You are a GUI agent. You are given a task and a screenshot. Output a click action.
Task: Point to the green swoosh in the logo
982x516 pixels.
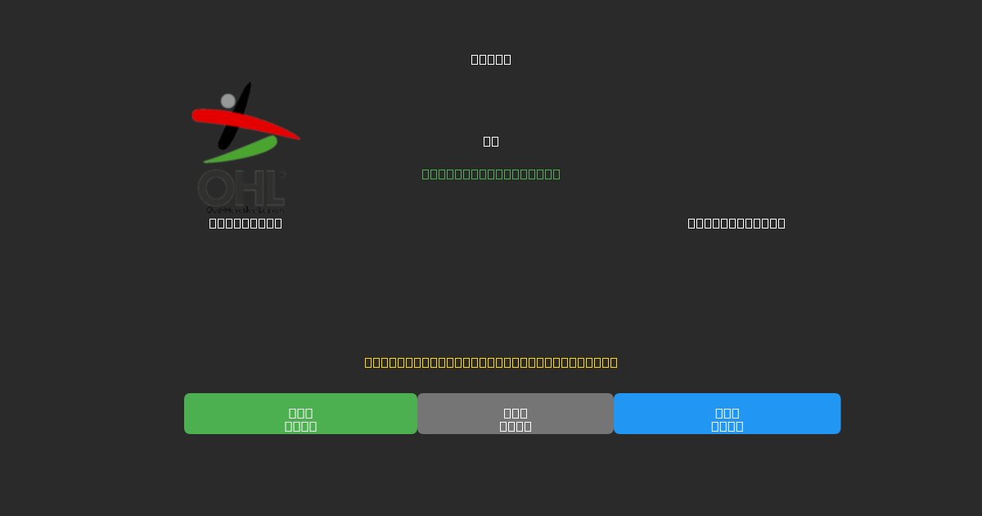(245, 151)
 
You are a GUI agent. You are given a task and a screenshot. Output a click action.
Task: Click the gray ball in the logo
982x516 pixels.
(228, 101)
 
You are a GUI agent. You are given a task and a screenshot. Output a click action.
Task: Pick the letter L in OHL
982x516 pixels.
(272, 189)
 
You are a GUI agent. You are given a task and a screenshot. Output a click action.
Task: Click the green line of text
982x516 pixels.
(491, 174)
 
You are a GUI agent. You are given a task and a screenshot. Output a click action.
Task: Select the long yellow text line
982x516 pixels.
(491, 362)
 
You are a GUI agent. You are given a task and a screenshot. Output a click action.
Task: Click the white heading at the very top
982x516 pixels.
(491, 59)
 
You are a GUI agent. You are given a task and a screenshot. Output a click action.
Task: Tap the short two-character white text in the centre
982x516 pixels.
(491, 141)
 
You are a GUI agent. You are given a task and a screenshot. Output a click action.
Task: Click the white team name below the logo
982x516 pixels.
(245, 223)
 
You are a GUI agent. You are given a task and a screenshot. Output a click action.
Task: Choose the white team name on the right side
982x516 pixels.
(736, 223)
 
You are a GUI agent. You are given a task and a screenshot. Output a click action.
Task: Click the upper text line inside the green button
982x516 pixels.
(300, 413)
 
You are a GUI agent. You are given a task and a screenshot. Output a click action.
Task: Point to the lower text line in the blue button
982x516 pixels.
(727, 426)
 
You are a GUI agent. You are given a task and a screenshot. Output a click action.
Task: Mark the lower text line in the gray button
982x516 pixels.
(516, 426)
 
